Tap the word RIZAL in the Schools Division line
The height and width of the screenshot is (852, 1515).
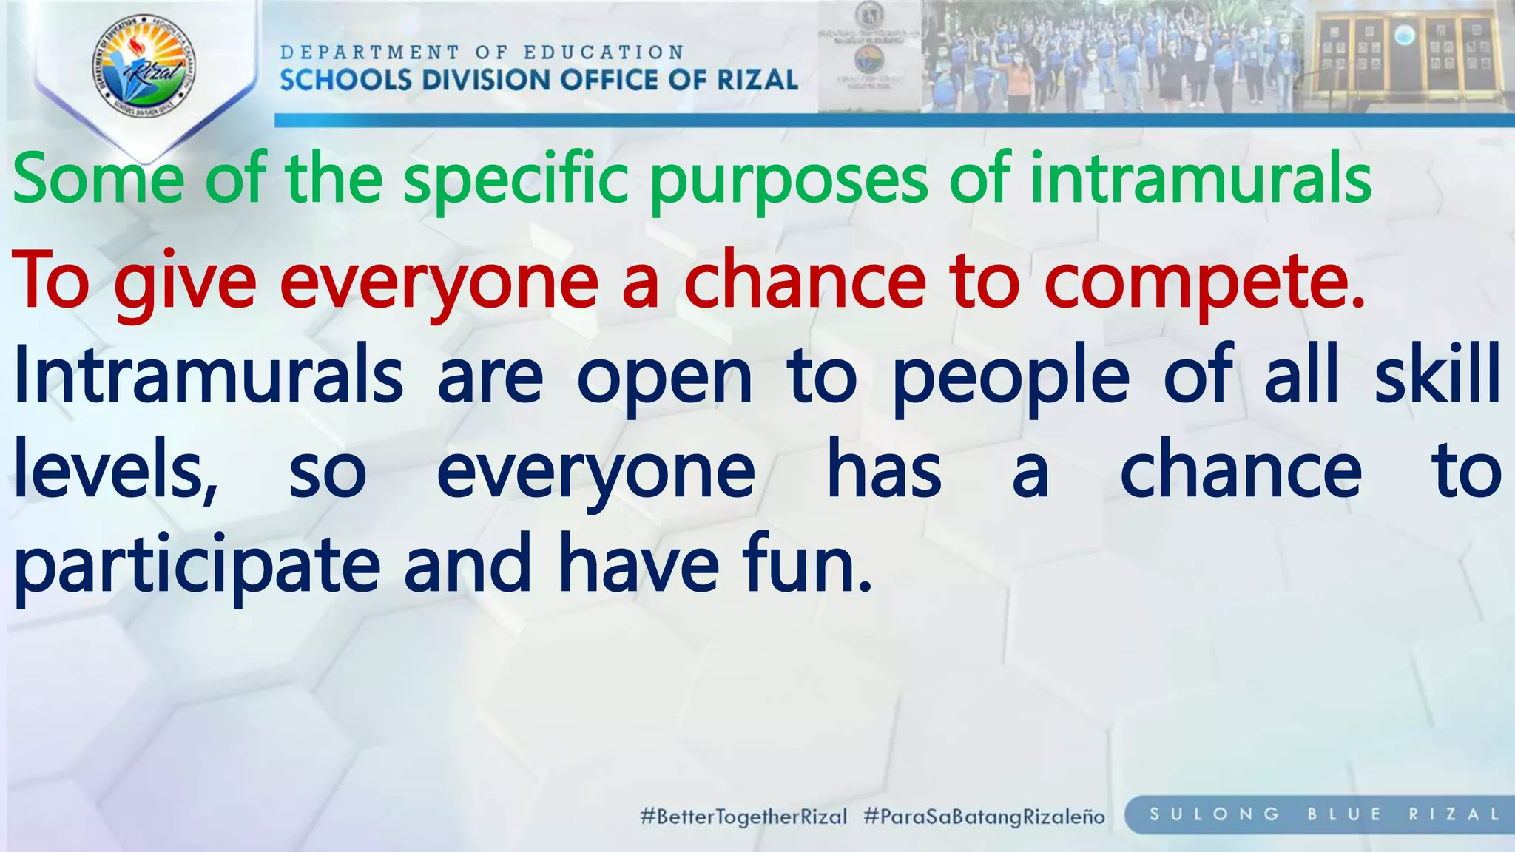758,79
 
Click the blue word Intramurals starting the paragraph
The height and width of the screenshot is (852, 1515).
208,376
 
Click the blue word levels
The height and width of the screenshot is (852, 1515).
115,470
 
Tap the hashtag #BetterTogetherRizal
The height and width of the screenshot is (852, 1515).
743,816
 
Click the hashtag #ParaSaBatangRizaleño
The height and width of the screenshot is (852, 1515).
984,816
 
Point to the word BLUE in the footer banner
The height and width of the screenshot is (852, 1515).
1344,814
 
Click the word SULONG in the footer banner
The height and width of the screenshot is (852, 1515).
1214,814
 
